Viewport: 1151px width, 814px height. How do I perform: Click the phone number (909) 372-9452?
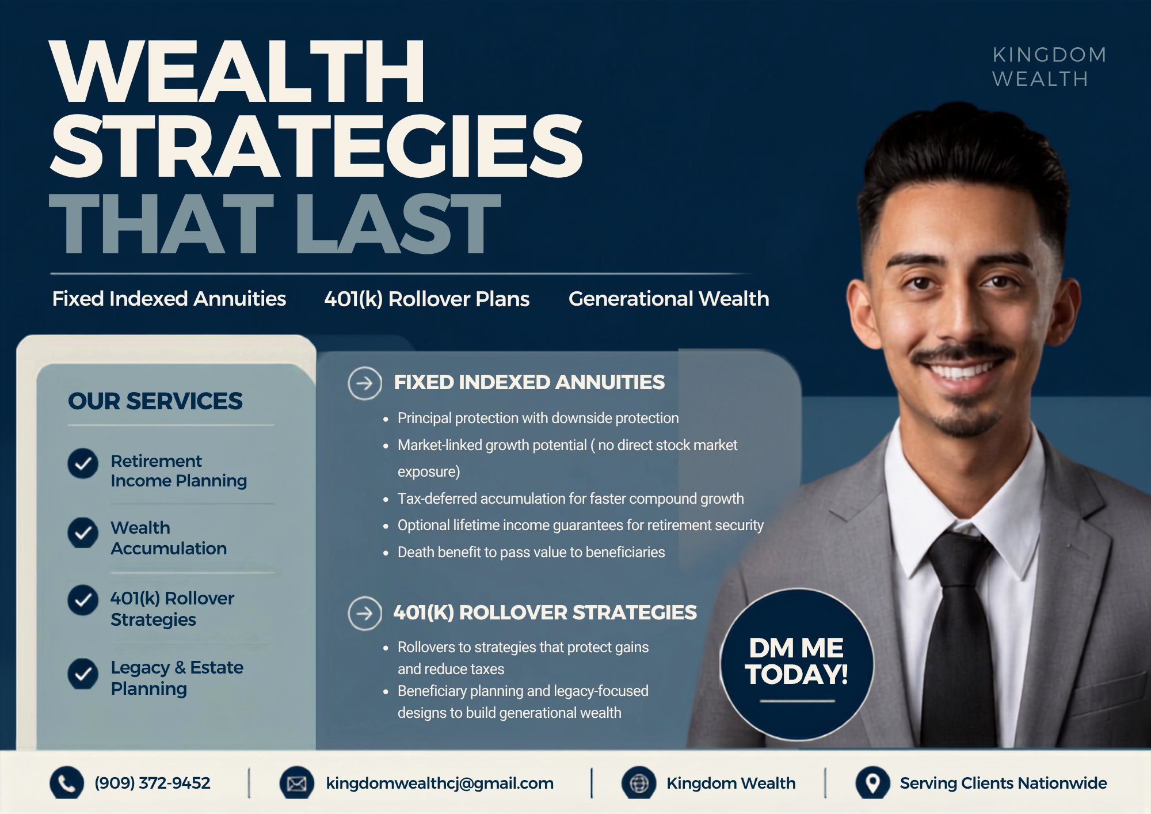pyautogui.click(x=153, y=783)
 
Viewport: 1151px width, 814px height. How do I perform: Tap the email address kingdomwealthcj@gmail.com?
pyautogui.click(x=440, y=783)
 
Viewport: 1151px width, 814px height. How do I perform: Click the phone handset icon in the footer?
pyautogui.click(x=67, y=783)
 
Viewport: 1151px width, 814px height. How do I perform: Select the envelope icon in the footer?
pyautogui.click(x=297, y=783)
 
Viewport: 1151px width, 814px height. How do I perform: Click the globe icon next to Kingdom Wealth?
pyautogui.click(x=639, y=783)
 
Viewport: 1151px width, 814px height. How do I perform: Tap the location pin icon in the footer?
pyautogui.click(x=873, y=783)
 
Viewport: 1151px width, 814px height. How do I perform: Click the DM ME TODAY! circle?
pyautogui.click(x=796, y=664)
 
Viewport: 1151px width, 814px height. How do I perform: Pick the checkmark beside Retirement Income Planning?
pyautogui.click(x=83, y=463)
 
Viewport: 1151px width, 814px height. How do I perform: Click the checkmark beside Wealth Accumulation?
pyautogui.click(x=83, y=532)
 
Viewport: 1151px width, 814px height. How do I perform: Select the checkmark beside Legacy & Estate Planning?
pyautogui.click(x=83, y=674)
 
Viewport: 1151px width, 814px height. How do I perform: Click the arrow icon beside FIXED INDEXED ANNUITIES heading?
pyautogui.click(x=365, y=383)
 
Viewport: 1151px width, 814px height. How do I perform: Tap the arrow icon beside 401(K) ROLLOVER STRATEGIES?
pyautogui.click(x=365, y=613)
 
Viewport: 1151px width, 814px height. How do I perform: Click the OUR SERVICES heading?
pyautogui.click(x=155, y=401)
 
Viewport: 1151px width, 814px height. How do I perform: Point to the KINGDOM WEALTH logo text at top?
pyautogui.click(x=1049, y=67)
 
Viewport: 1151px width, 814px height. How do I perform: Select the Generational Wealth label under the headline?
pyautogui.click(x=669, y=299)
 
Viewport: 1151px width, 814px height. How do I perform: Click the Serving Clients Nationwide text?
pyautogui.click(x=1003, y=783)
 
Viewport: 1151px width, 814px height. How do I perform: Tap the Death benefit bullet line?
pyautogui.click(x=531, y=552)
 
